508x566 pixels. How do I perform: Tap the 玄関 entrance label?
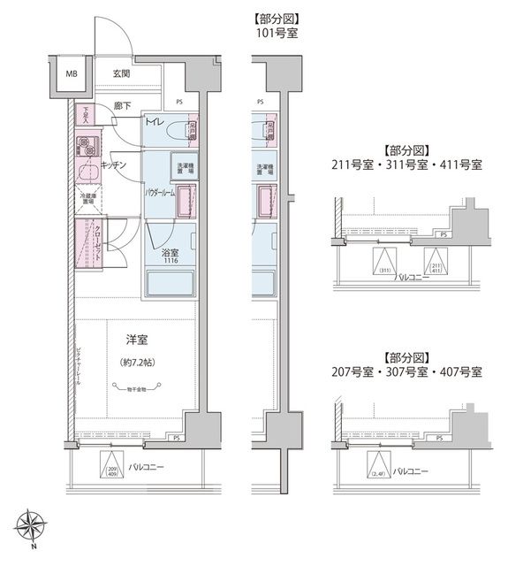122,73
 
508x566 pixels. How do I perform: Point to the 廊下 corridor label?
122,107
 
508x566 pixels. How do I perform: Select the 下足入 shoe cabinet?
87,117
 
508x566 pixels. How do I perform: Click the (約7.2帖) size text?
135,363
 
